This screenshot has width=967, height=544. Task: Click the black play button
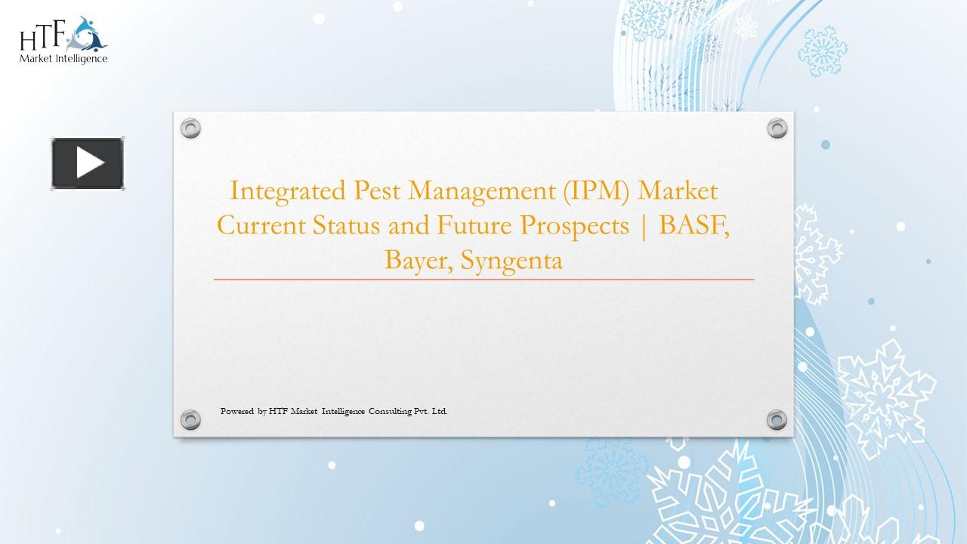click(x=88, y=163)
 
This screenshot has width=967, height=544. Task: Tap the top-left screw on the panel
click(x=190, y=128)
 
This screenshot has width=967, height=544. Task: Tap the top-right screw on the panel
click(x=777, y=128)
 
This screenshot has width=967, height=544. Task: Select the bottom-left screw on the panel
click(x=190, y=419)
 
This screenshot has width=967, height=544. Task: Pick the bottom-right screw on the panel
click(x=777, y=419)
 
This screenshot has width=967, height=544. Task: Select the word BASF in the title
click(x=694, y=226)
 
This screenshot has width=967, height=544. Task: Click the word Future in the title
click(x=473, y=226)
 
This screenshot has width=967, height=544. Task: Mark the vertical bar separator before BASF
click(x=644, y=226)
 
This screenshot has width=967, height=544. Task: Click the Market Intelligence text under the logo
click(x=63, y=58)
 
